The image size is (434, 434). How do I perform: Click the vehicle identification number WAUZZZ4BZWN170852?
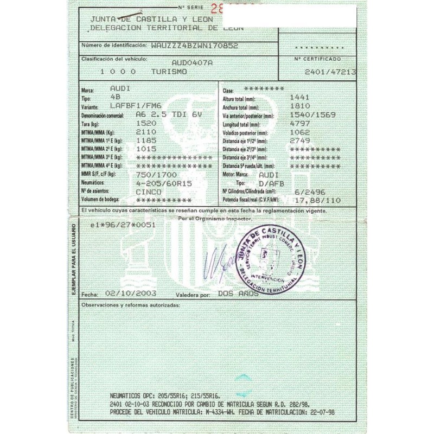pos(195,46)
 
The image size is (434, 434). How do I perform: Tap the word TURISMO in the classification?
pos(169,72)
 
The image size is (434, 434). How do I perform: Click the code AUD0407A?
pos(192,63)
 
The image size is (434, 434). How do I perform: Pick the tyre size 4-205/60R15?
pos(164,183)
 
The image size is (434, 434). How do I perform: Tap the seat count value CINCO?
pos(148,192)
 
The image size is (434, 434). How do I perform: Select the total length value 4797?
pos(300,123)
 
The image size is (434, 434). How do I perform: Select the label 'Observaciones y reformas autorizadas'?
pos(130,306)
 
